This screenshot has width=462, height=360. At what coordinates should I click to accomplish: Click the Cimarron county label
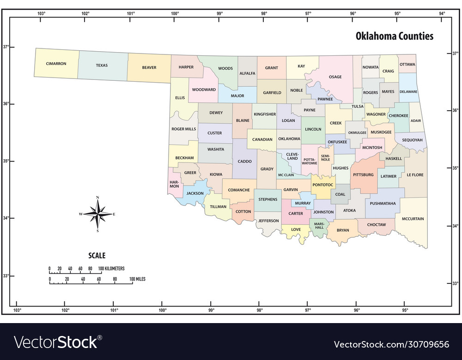click(56, 64)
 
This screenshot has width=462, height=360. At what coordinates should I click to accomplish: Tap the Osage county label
click(335, 77)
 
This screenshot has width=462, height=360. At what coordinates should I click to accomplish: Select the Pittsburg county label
click(363, 175)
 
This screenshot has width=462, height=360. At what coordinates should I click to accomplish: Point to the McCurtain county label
click(413, 219)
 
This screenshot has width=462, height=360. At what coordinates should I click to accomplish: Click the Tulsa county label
click(358, 106)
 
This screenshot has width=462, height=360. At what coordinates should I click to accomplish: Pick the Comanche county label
click(239, 190)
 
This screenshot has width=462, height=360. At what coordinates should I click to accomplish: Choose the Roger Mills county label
click(183, 129)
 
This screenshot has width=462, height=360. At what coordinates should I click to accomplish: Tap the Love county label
click(296, 229)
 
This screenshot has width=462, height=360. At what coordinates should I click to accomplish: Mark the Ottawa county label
click(407, 64)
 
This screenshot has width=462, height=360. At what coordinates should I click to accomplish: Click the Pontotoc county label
click(322, 185)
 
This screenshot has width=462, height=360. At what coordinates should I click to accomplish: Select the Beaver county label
click(149, 67)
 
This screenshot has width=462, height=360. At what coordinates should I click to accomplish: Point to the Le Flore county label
click(415, 175)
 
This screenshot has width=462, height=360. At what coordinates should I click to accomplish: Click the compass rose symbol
click(97, 214)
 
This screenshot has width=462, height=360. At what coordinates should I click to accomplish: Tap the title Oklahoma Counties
click(394, 36)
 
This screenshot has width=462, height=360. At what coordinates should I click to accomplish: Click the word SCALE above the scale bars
click(97, 255)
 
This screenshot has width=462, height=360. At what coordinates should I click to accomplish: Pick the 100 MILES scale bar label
click(137, 279)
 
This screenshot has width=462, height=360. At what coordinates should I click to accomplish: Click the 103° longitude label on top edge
click(41, 13)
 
